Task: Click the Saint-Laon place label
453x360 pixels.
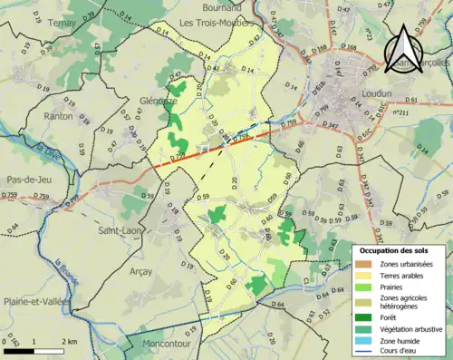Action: click(x=120, y=230)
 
